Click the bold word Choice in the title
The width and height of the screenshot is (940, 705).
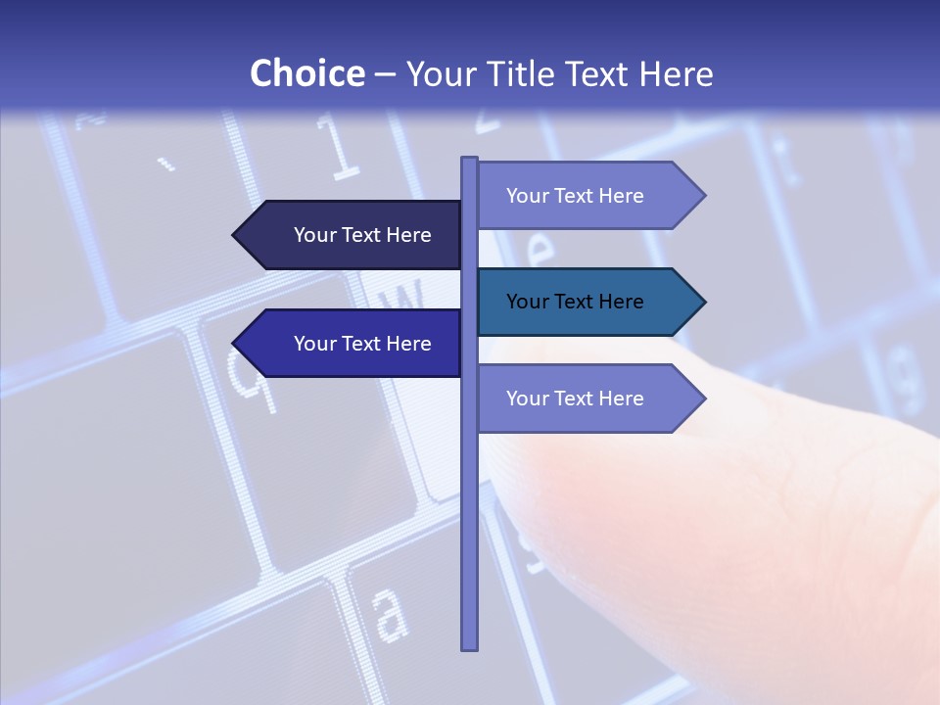306,73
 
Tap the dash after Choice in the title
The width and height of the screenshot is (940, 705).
385,75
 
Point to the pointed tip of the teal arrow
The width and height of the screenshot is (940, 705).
703,302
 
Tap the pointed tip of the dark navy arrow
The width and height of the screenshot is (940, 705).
235,235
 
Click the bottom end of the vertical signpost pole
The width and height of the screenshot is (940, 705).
470,646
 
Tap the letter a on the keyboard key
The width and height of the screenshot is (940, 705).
390,614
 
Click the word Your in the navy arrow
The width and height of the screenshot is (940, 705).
315,235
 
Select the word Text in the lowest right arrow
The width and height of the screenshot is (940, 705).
576,399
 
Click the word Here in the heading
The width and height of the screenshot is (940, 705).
676,74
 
